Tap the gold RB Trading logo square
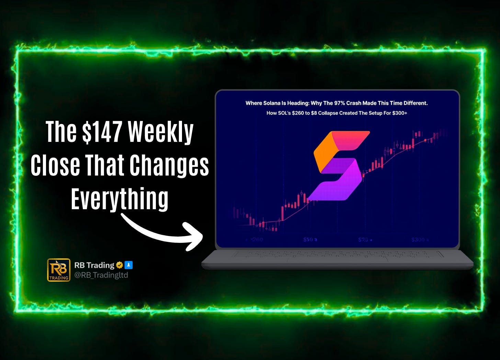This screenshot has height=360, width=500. [59, 270]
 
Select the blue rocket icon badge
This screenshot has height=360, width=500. [128, 265]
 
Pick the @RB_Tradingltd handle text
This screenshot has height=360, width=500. [101, 275]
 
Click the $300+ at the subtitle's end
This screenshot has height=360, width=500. [399, 113]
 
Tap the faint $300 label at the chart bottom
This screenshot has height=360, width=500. [418, 239]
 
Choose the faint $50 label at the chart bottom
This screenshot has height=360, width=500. [309, 239]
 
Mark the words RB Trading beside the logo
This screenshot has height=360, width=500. [94, 265]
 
